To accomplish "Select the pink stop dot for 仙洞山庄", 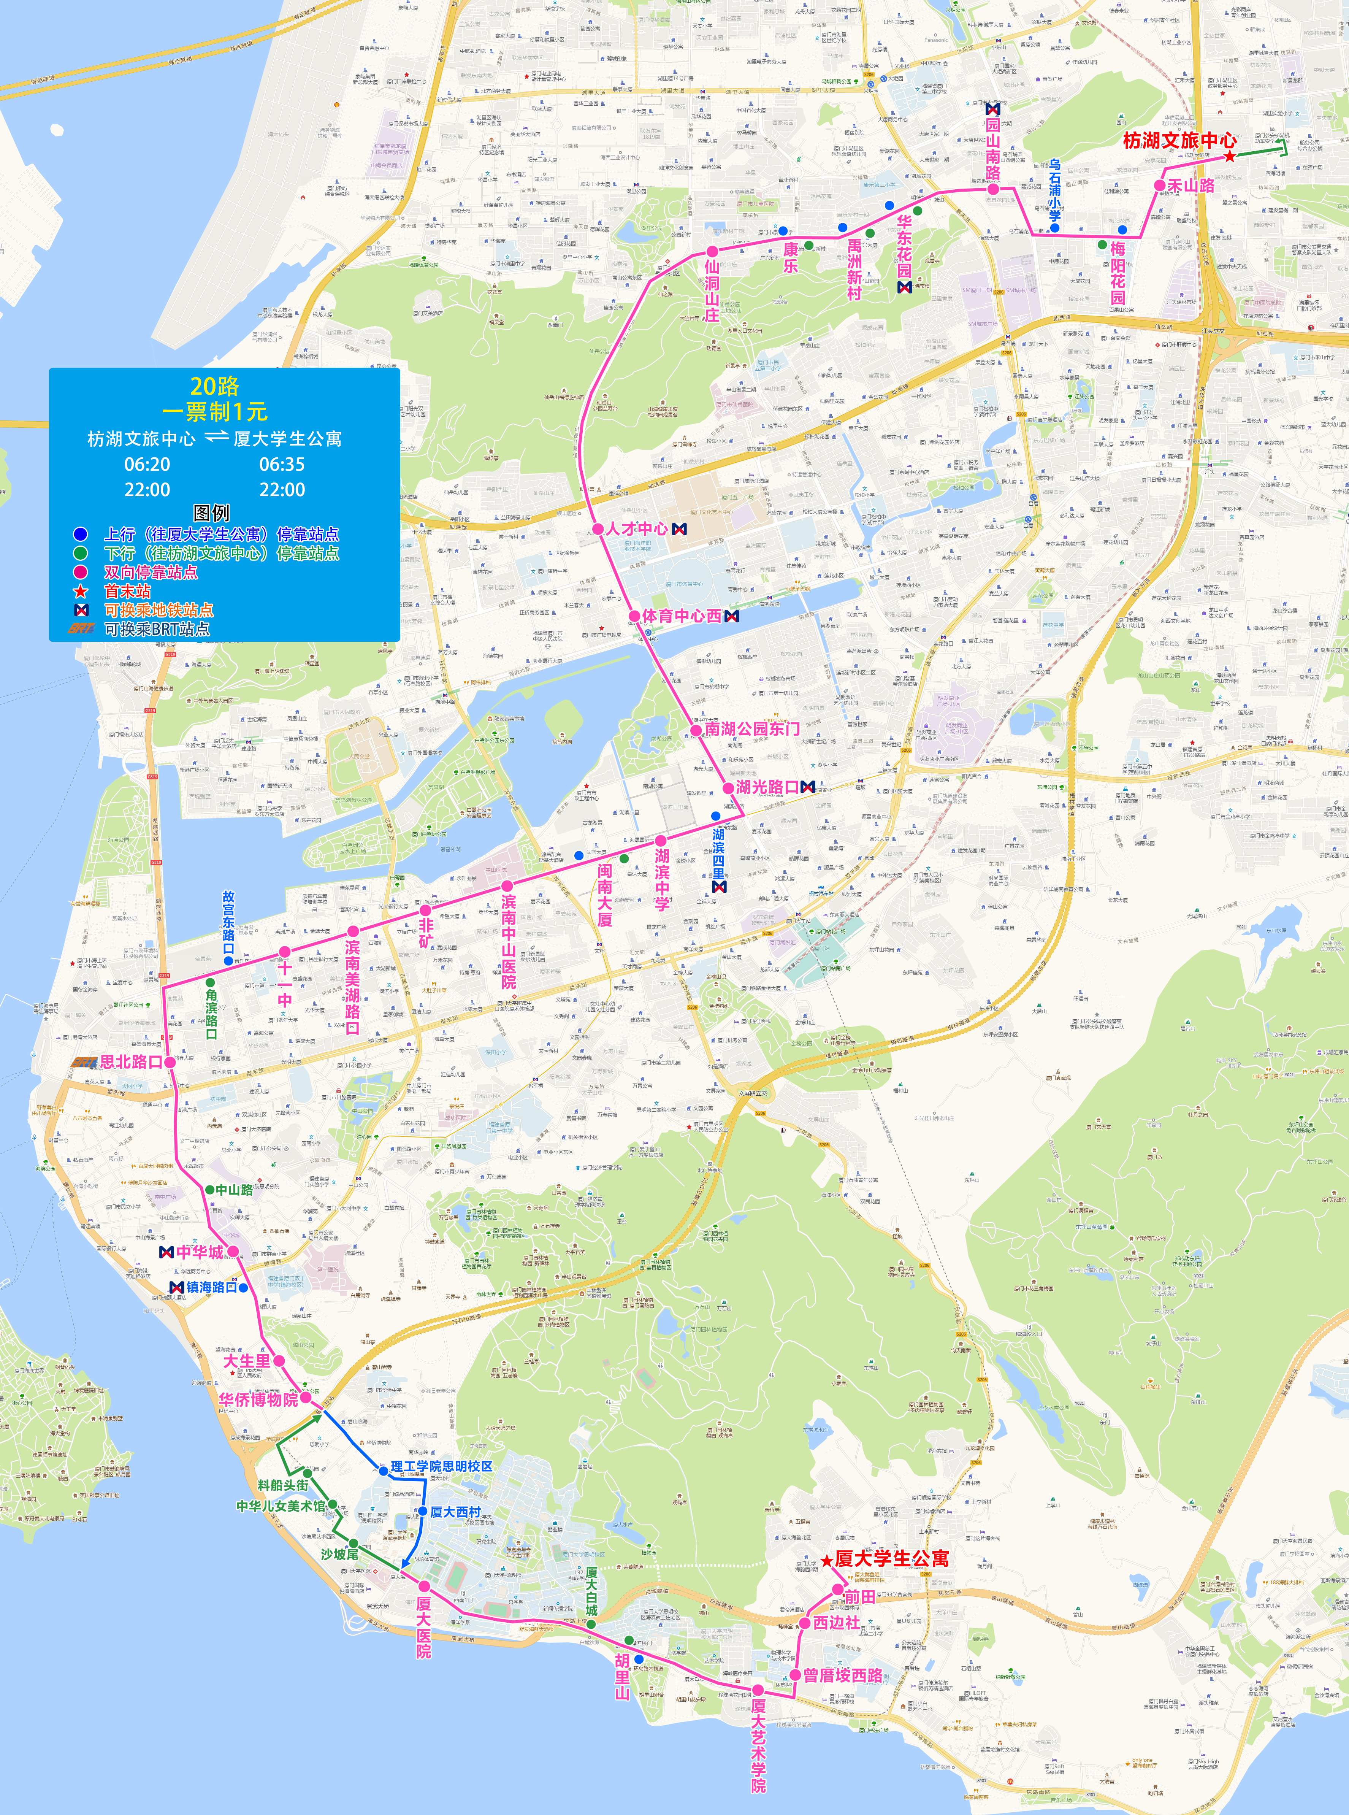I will pos(712,252).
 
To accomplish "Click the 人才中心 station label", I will pos(635,528).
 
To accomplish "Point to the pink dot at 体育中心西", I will pos(634,616).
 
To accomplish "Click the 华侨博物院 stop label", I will pos(258,1399).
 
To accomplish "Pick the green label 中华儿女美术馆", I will pos(280,1506).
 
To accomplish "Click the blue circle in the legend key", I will pos(80,534).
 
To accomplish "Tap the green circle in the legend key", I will pos(80,553).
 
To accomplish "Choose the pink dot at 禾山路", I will pos(1160,186).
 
